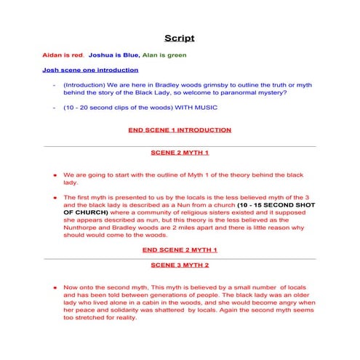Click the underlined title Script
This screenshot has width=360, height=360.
(x=179, y=38)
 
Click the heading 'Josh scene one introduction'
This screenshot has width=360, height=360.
(x=90, y=71)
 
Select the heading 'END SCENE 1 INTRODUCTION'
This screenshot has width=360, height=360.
(x=179, y=130)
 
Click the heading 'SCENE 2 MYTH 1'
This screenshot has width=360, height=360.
(x=179, y=153)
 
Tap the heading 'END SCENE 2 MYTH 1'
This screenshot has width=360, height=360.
(x=179, y=249)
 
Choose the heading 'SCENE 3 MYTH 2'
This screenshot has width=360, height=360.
(x=179, y=265)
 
